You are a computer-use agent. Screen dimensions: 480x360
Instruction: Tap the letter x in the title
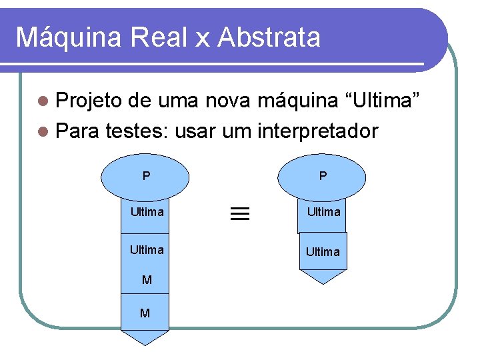pyautogui.click(x=202, y=40)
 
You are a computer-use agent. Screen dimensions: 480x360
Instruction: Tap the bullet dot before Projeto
pyautogui.click(x=44, y=103)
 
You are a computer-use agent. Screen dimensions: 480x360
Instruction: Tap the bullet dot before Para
pyautogui.click(x=44, y=131)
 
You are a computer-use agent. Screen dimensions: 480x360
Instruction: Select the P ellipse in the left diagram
pyautogui.click(x=146, y=177)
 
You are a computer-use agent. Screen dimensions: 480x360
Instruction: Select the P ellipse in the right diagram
pyautogui.click(x=323, y=177)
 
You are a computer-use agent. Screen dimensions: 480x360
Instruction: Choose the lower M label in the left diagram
pyautogui.click(x=145, y=313)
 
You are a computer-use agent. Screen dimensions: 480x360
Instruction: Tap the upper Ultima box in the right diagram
pyautogui.click(x=323, y=213)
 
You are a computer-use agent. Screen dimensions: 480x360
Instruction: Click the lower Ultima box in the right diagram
pyautogui.click(x=323, y=251)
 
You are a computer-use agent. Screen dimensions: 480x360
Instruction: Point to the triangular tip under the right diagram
pyautogui.click(x=323, y=276)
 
